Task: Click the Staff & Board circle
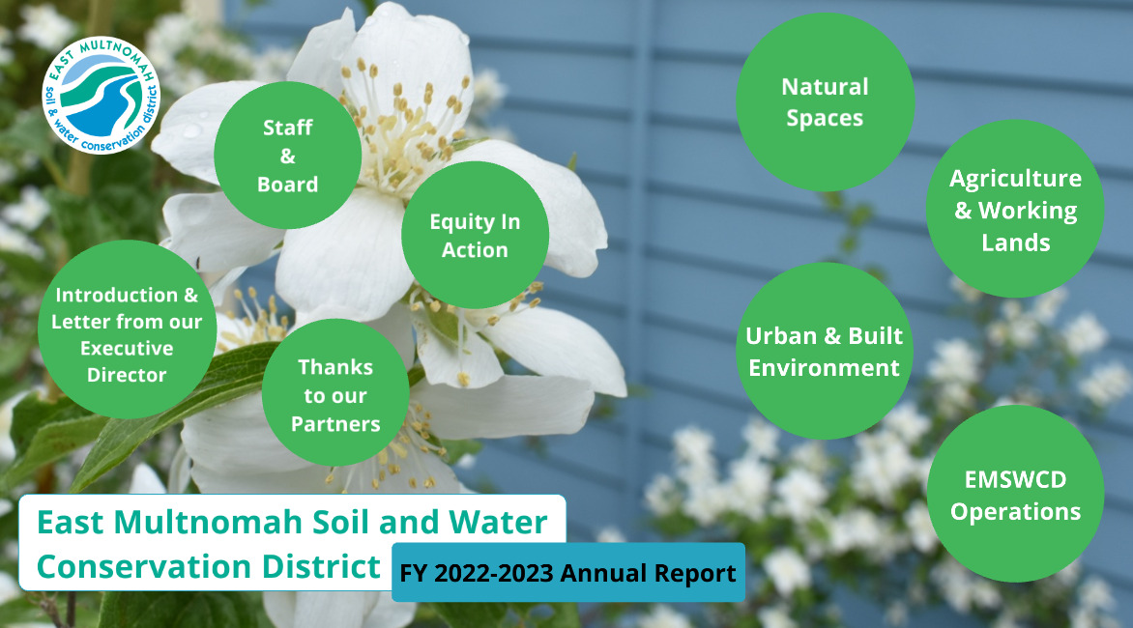[287, 156]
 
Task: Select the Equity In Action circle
[475, 236]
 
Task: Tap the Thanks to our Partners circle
[335, 392]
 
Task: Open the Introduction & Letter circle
[128, 329]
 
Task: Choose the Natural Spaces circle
[826, 101]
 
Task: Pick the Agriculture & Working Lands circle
[1015, 209]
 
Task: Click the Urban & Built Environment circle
[825, 351]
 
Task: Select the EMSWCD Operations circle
[1015, 494]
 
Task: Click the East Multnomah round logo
[102, 96]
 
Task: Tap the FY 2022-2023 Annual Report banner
[567, 572]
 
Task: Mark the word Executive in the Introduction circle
[128, 349]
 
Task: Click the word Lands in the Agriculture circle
[1015, 243]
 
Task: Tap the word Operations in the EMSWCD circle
[1015, 512]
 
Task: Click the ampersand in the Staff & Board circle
[287, 156]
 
